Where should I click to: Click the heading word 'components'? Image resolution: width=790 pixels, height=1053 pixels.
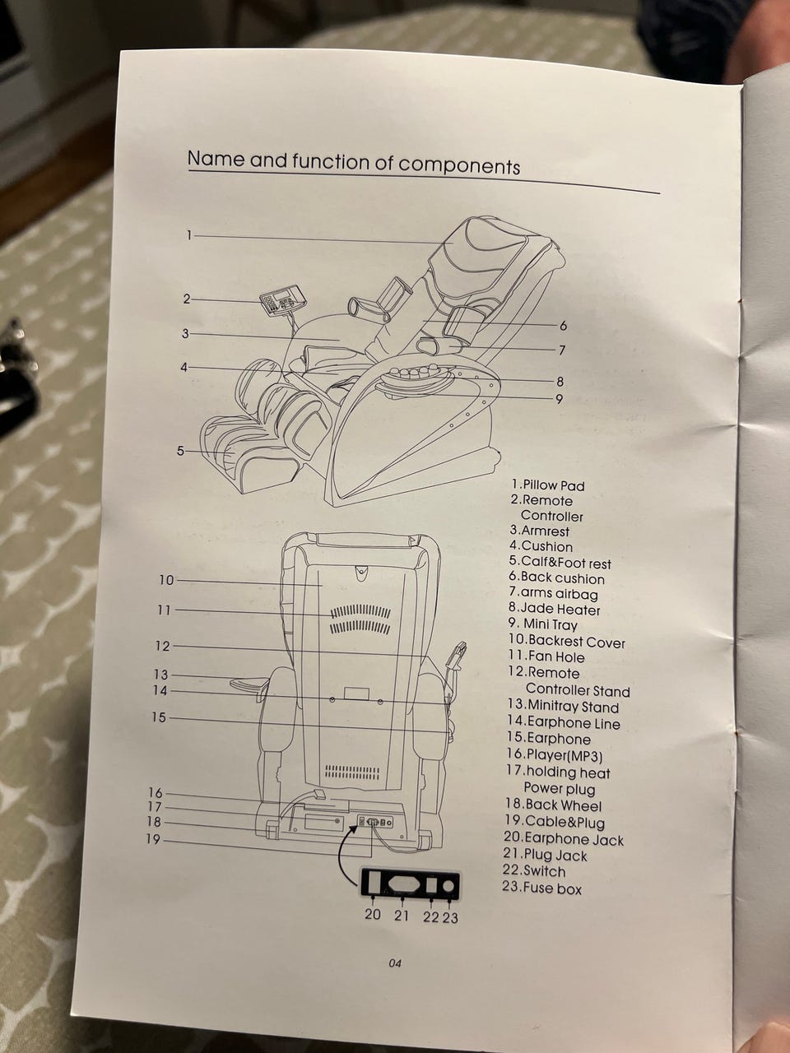pos(458,165)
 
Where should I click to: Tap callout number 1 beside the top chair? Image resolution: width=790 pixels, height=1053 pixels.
pos(189,235)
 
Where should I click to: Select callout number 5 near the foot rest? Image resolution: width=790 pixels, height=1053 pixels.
pos(180,451)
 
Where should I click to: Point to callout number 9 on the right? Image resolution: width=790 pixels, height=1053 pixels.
pos(559,399)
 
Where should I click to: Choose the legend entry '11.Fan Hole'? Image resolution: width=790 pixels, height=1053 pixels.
pos(546,656)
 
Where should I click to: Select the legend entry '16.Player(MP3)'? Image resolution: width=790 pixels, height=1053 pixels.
pos(554,755)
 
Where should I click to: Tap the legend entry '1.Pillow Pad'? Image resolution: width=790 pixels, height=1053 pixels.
pos(548,485)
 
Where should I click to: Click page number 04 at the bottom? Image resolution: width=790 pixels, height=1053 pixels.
pos(395,963)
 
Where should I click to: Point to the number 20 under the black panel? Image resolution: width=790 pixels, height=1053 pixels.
pos(373,914)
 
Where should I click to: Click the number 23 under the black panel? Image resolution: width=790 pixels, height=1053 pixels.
pos(450,917)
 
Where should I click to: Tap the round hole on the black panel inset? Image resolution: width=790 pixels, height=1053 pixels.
pos(448,885)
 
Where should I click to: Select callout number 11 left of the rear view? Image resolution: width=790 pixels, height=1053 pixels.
pos(164,610)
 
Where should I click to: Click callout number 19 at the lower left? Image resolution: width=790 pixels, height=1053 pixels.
pos(155,840)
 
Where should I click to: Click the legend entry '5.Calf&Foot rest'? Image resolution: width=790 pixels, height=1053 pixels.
pos(560,562)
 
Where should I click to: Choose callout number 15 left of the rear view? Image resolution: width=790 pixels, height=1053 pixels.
pos(159,717)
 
